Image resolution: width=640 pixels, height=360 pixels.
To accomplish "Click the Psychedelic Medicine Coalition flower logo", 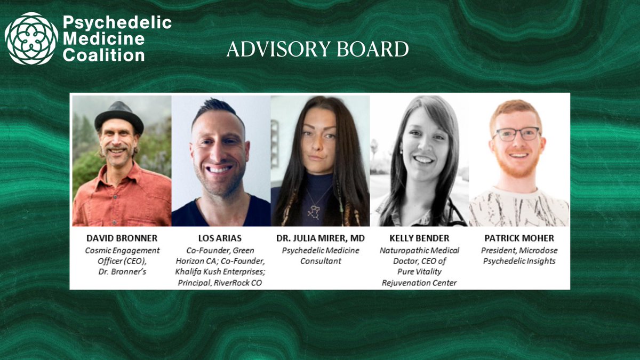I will (x=31, y=38).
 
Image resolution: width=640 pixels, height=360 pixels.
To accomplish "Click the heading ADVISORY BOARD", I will (x=317, y=50).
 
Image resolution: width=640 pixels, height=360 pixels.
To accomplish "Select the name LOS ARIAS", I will (x=220, y=238).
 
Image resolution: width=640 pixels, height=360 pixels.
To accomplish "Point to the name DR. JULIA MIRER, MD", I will (x=320, y=238).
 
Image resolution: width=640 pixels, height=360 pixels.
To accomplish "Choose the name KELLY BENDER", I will (x=419, y=238).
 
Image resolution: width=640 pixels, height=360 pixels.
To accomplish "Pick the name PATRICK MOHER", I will (x=518, y=238).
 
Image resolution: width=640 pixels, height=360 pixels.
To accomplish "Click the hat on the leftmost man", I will (x=119, y=115).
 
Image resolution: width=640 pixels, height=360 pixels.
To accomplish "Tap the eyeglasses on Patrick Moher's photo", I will (x=516, y=133).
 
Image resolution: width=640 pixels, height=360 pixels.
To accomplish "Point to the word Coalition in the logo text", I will (x=103, y=55).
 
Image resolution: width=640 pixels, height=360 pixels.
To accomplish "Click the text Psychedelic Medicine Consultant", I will (x=320, y=255).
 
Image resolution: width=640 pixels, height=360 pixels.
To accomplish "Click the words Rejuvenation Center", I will (x=419, y=283).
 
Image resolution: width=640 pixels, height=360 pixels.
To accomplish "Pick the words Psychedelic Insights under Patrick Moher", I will (x=518, y=261).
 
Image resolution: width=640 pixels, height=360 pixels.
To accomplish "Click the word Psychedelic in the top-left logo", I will (x=117, y=23).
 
